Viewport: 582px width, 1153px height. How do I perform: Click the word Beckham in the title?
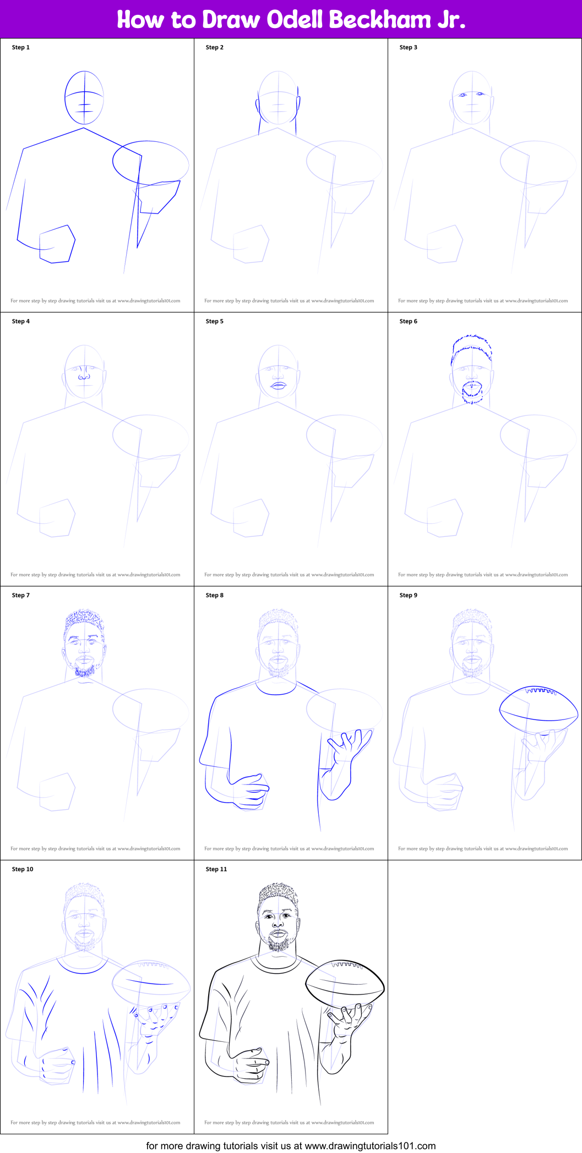(x=379, y=20)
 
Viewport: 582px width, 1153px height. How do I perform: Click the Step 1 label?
(x=21, y=47)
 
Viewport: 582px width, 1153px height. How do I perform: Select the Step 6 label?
(x=408, y=321)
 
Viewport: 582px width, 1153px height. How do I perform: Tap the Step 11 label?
(x=216, y=869)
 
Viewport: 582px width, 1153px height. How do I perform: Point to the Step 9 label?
(x=408, y=595)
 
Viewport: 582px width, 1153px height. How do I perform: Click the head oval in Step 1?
(x=84, y=97)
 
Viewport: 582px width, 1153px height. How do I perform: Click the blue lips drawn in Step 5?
(x=278, y=385)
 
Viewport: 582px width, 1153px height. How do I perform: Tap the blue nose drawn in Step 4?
(x=84, y=377)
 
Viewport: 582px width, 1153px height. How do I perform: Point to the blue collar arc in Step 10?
(x=84, y=970)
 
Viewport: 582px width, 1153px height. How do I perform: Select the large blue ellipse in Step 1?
(x=150, y=163)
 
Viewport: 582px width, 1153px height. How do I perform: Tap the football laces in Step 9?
(x=542, y=690)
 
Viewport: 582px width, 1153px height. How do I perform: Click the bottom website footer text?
(x=291, y=1146)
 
